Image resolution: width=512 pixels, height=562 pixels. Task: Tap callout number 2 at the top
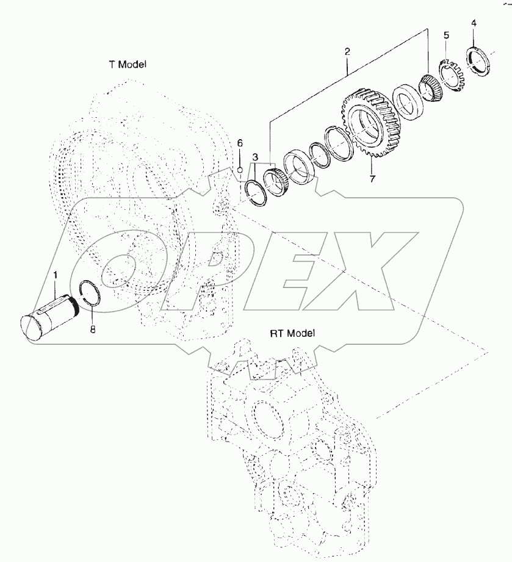(347, 52)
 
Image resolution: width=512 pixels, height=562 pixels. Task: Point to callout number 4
(474, 23)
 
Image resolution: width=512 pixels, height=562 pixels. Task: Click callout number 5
(445, 35)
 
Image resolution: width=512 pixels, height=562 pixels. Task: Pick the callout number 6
(240, 143)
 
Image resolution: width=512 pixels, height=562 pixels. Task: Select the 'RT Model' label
(292, 333)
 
